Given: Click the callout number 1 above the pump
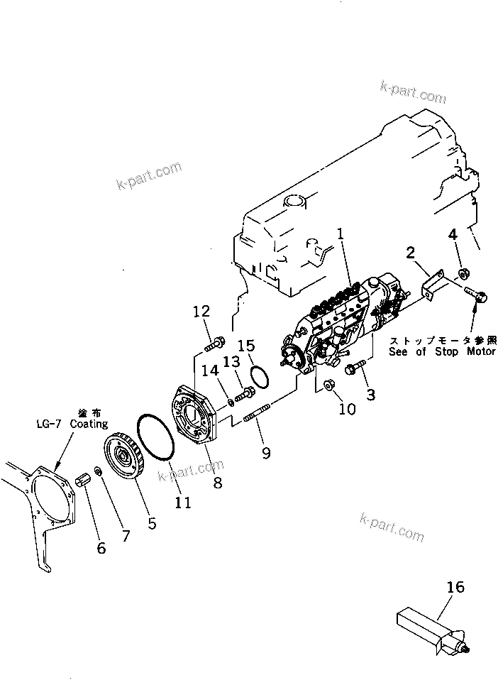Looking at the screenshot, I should coord(341,233).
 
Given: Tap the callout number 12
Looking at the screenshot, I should coord(201,311).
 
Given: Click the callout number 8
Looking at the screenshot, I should coord(217,483).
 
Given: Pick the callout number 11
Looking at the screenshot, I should coord(182,503).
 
